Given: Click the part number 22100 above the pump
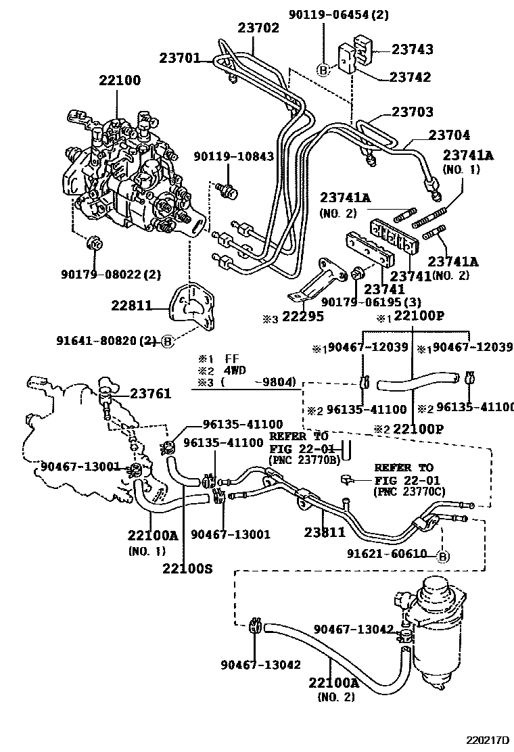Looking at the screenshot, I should [119, 80].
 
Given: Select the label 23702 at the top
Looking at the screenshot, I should [258, 28].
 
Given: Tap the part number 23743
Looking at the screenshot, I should [412, 49].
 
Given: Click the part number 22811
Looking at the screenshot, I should [133, 306].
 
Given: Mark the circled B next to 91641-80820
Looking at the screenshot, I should [167, 342].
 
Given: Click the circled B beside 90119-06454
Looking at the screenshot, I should [323, 70].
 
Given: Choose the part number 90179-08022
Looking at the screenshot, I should [102, 275].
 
